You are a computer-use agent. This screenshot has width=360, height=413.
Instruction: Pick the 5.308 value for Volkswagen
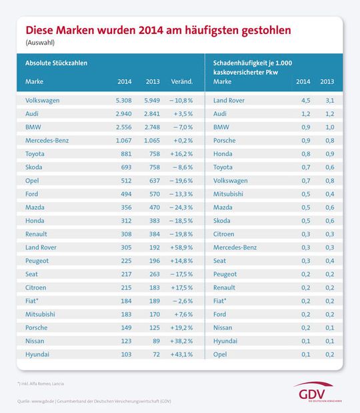[122, 100]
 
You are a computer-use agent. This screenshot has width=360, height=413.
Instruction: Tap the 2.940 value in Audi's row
[122, 113]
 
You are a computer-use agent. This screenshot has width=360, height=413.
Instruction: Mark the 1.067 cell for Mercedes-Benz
[122, 140]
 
